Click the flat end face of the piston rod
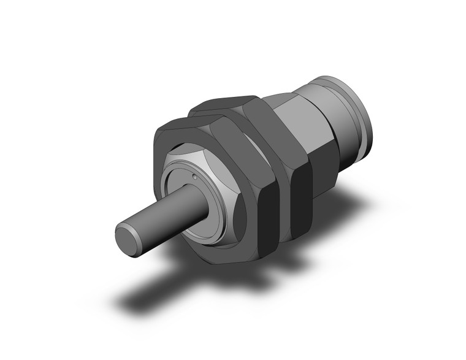pos(128,237)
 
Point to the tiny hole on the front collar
pos(193,178)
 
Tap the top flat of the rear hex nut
pos(228,104)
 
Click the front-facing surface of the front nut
pos(166,147)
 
